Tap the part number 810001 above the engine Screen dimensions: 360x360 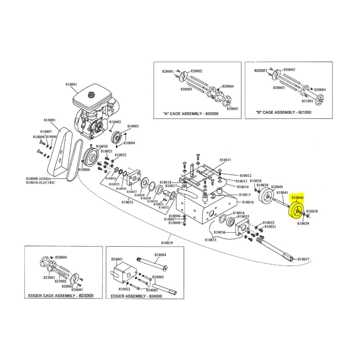pyautogui.click(x=72, y=84)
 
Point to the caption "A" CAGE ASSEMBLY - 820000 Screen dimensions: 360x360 pyautogui.click(x=191, y=114)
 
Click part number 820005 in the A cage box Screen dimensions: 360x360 pyautogui.click(x=233, y=108)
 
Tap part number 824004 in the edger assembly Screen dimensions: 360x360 pyautogui.click(x=160, y=255)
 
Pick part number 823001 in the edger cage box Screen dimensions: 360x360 pyautogui.click(x=49, y=278)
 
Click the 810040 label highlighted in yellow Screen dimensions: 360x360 pyautogui.click(x=297, y=198)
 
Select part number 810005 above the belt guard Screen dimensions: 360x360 pyautogui.click(x=49, y=120)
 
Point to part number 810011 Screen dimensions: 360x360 pyautogui.click(x=225, y=160)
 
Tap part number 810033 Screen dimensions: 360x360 pyautogui.click(x=211, y=240)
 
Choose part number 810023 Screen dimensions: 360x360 pyautogui.click(x=127, y=202)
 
